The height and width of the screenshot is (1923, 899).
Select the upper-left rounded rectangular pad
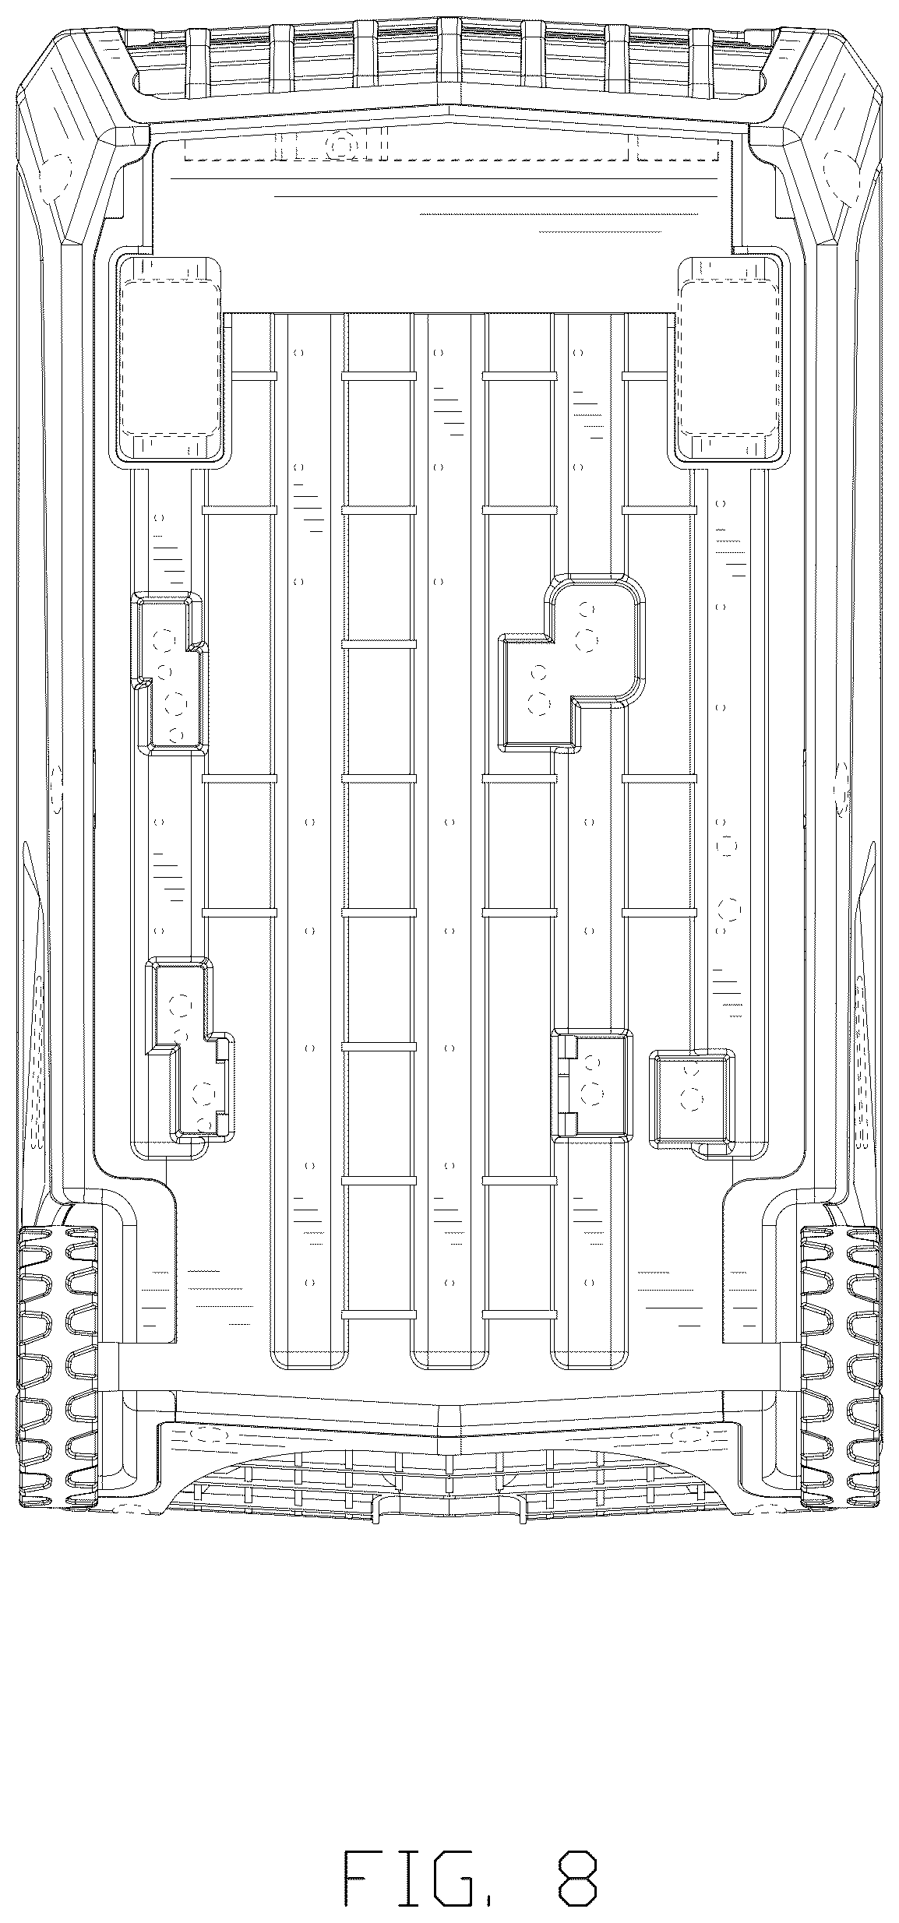pos(168,359)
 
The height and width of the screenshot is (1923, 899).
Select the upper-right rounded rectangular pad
pos(729,359)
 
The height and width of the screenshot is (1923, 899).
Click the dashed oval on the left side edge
pos(56,789)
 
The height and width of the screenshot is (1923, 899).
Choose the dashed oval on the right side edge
pos(842,789)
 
